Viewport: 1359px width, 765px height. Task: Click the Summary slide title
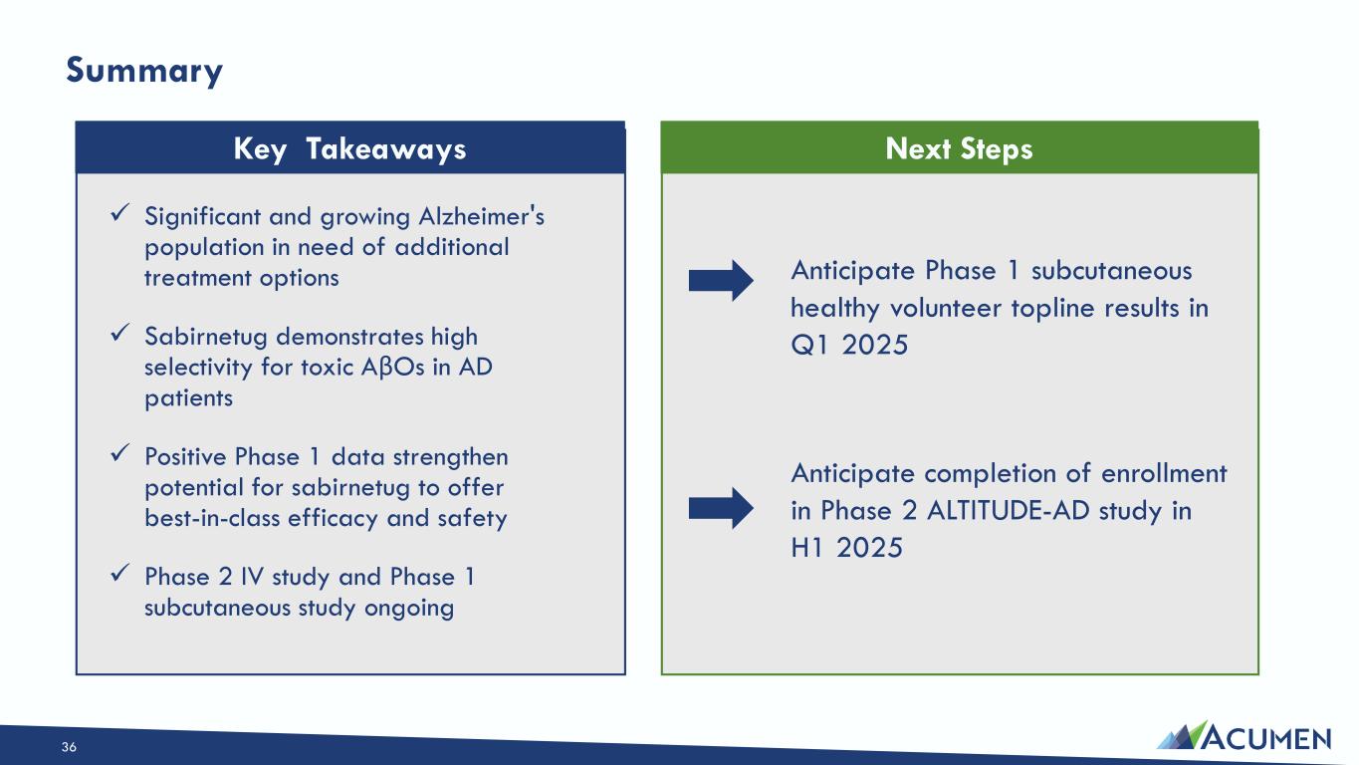144,71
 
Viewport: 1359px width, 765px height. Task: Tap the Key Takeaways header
350,148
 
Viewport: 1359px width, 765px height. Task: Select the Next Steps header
959,148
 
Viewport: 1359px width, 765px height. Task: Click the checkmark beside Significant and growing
119,212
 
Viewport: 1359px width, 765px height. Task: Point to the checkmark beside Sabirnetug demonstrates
119,332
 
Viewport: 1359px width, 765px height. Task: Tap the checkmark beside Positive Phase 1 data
119,452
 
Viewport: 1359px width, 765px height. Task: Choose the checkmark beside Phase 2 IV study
119,573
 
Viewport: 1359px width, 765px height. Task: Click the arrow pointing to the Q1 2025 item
721,281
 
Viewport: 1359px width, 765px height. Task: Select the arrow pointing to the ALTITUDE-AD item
721,508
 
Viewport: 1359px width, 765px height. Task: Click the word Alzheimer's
482,216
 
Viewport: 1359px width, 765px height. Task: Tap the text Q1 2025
849,345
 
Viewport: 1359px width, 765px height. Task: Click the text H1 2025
847,548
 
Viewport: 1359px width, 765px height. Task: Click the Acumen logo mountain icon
1182,736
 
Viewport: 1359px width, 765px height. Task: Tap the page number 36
69,747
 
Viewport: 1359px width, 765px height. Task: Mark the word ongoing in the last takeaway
409,609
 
